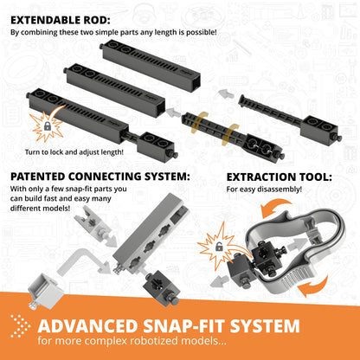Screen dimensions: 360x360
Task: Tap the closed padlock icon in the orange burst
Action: coord(45,127)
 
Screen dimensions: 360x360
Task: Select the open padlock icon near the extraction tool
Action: coord(220,247)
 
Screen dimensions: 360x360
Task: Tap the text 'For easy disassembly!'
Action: coord(265,190)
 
